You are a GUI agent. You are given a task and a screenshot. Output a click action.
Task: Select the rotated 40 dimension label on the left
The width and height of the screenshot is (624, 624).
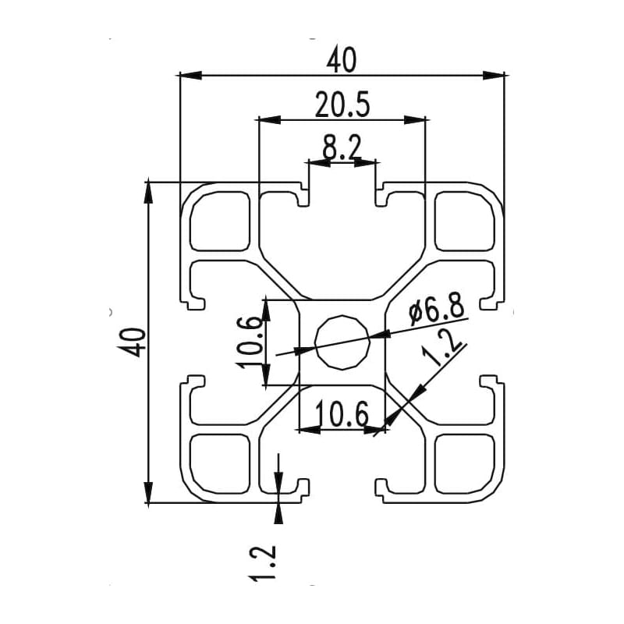[x=133, y=342]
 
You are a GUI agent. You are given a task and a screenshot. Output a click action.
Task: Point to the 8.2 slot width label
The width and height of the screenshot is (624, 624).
[x=342, y=147]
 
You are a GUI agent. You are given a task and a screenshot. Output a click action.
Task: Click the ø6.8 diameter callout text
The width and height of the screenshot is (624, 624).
[x=436, y=311]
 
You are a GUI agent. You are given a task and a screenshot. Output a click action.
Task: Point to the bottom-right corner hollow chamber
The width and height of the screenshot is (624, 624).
[x=465, y=464]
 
